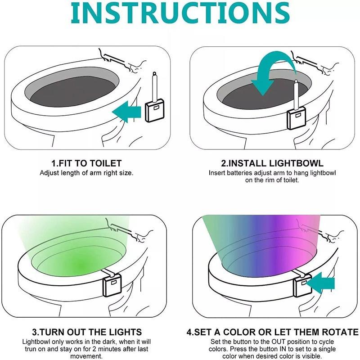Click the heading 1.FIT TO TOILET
coord(86,163)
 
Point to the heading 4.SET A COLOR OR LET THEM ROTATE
coord(273,333)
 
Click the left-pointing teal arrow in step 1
coord(127,110)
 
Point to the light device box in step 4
coord(302,286)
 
